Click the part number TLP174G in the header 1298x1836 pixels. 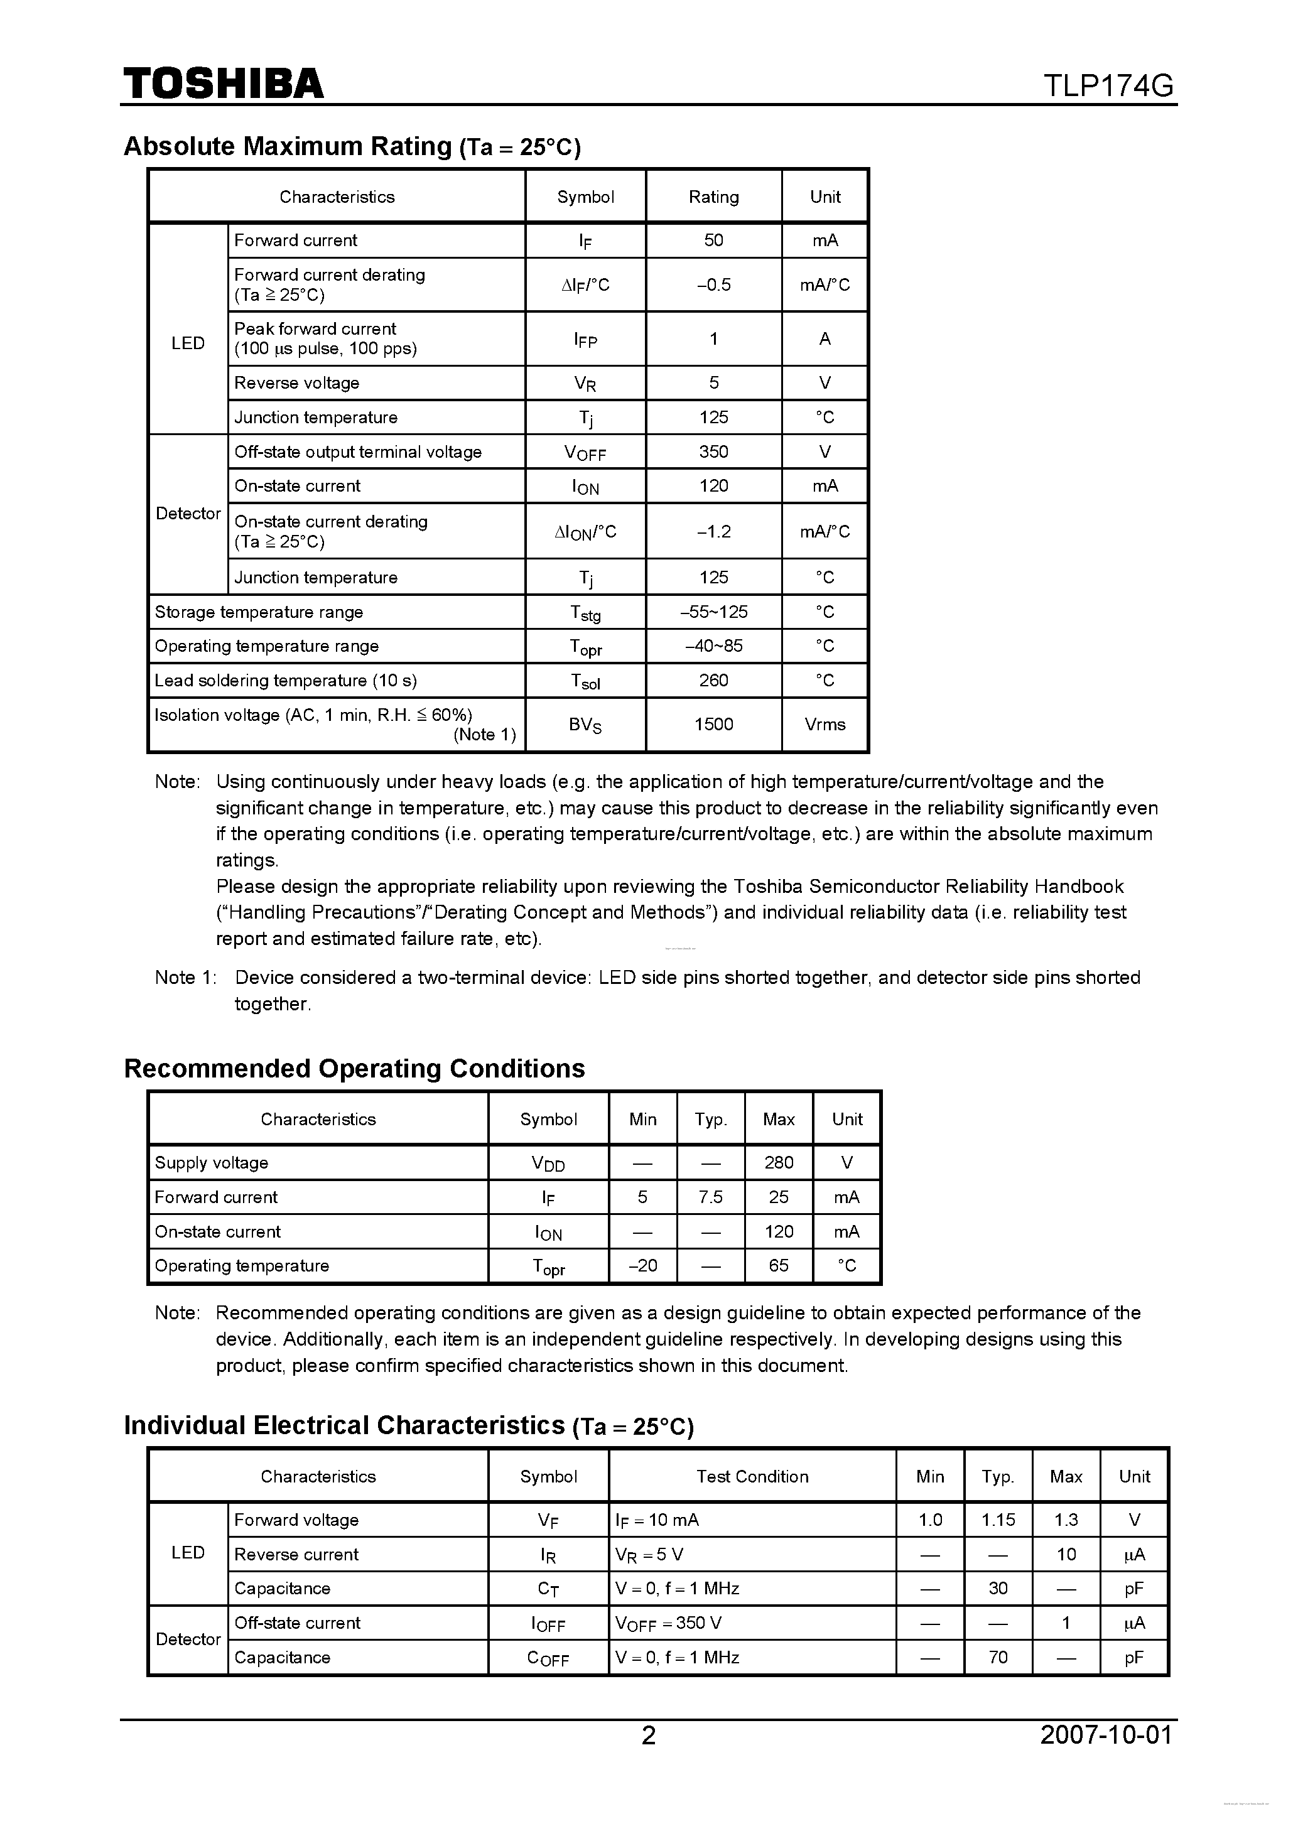click(x=1108, y=85)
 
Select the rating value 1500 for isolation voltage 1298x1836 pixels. click(x=713, y=725)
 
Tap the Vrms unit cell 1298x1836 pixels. click(x=825, y=725)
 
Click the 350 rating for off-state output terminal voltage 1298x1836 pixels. click(x=713, y=452)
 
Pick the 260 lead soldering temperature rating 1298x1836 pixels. click(x=713, y=681)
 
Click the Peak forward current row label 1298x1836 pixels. click(x=315, y=328)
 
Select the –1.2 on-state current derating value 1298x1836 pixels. click(x=713, y=532)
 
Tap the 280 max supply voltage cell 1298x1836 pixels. click(x=778, y=1163)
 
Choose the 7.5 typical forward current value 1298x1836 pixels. click(x=710, y=1197)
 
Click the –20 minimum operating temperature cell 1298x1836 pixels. click(x=642, y=1266)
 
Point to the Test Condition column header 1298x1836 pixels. click(x=752, y=1477)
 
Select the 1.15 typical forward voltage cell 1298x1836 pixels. click(x=998, y=1520)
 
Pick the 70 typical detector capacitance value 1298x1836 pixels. click(x=998, y=1658)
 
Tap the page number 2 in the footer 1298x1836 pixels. click(x=649, y=1736)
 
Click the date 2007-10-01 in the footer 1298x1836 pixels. click(x=1106, y=1736)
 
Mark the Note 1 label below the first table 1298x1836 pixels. click(x=185, y=978)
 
